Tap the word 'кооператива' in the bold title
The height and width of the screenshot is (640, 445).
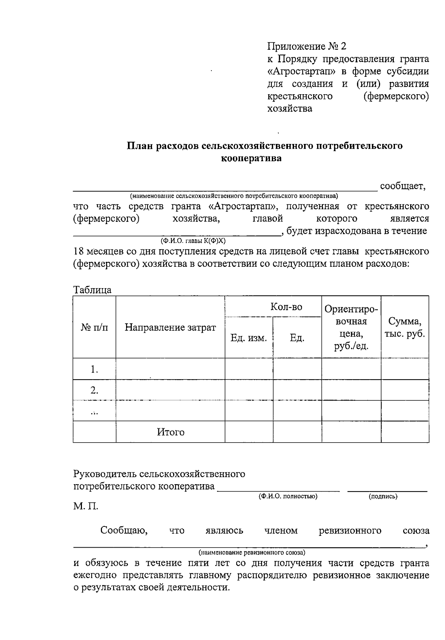tap(251, 158)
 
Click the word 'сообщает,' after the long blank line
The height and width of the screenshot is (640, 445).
tap(403, 186)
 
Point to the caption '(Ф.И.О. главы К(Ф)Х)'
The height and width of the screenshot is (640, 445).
tap(193, 241)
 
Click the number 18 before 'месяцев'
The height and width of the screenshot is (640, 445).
tap(79, 252)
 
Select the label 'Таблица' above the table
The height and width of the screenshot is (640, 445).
tap(92, 290)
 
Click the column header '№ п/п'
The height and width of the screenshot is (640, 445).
tap(95, 327)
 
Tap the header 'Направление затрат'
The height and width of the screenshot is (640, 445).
tap(170, 327)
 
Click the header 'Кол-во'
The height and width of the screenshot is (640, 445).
tap(286, 307)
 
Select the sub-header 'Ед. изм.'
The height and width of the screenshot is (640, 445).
tap(248, 338)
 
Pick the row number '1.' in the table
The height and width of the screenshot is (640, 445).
tap(95, 369)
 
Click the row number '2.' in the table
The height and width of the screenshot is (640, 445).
tap(95, 390)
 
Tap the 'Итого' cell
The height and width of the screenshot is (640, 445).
tap(171, 432)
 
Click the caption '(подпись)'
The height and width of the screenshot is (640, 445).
tap(383, 496)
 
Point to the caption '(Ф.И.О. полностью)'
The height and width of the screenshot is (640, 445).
tap(288, 496)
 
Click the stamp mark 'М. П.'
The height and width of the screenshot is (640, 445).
tap(86, 506)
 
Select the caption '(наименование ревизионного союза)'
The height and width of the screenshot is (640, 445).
tap(252, 552)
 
